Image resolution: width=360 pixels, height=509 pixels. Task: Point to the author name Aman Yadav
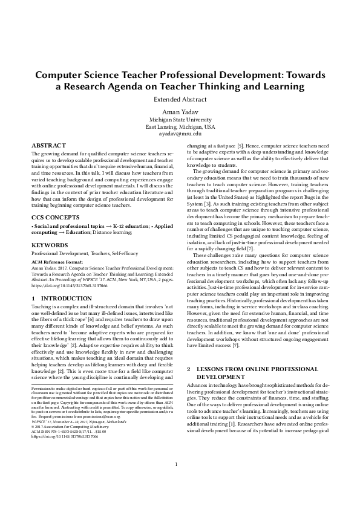[x=179, y=112]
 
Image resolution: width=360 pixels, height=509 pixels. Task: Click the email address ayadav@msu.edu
[x=179, y=134]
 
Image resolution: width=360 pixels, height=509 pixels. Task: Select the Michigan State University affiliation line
[x=179, y=120]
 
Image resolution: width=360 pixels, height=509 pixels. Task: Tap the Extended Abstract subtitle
[x=179, y=99]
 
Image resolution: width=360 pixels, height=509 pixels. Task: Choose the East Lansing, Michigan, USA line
[x=179, y=127]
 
